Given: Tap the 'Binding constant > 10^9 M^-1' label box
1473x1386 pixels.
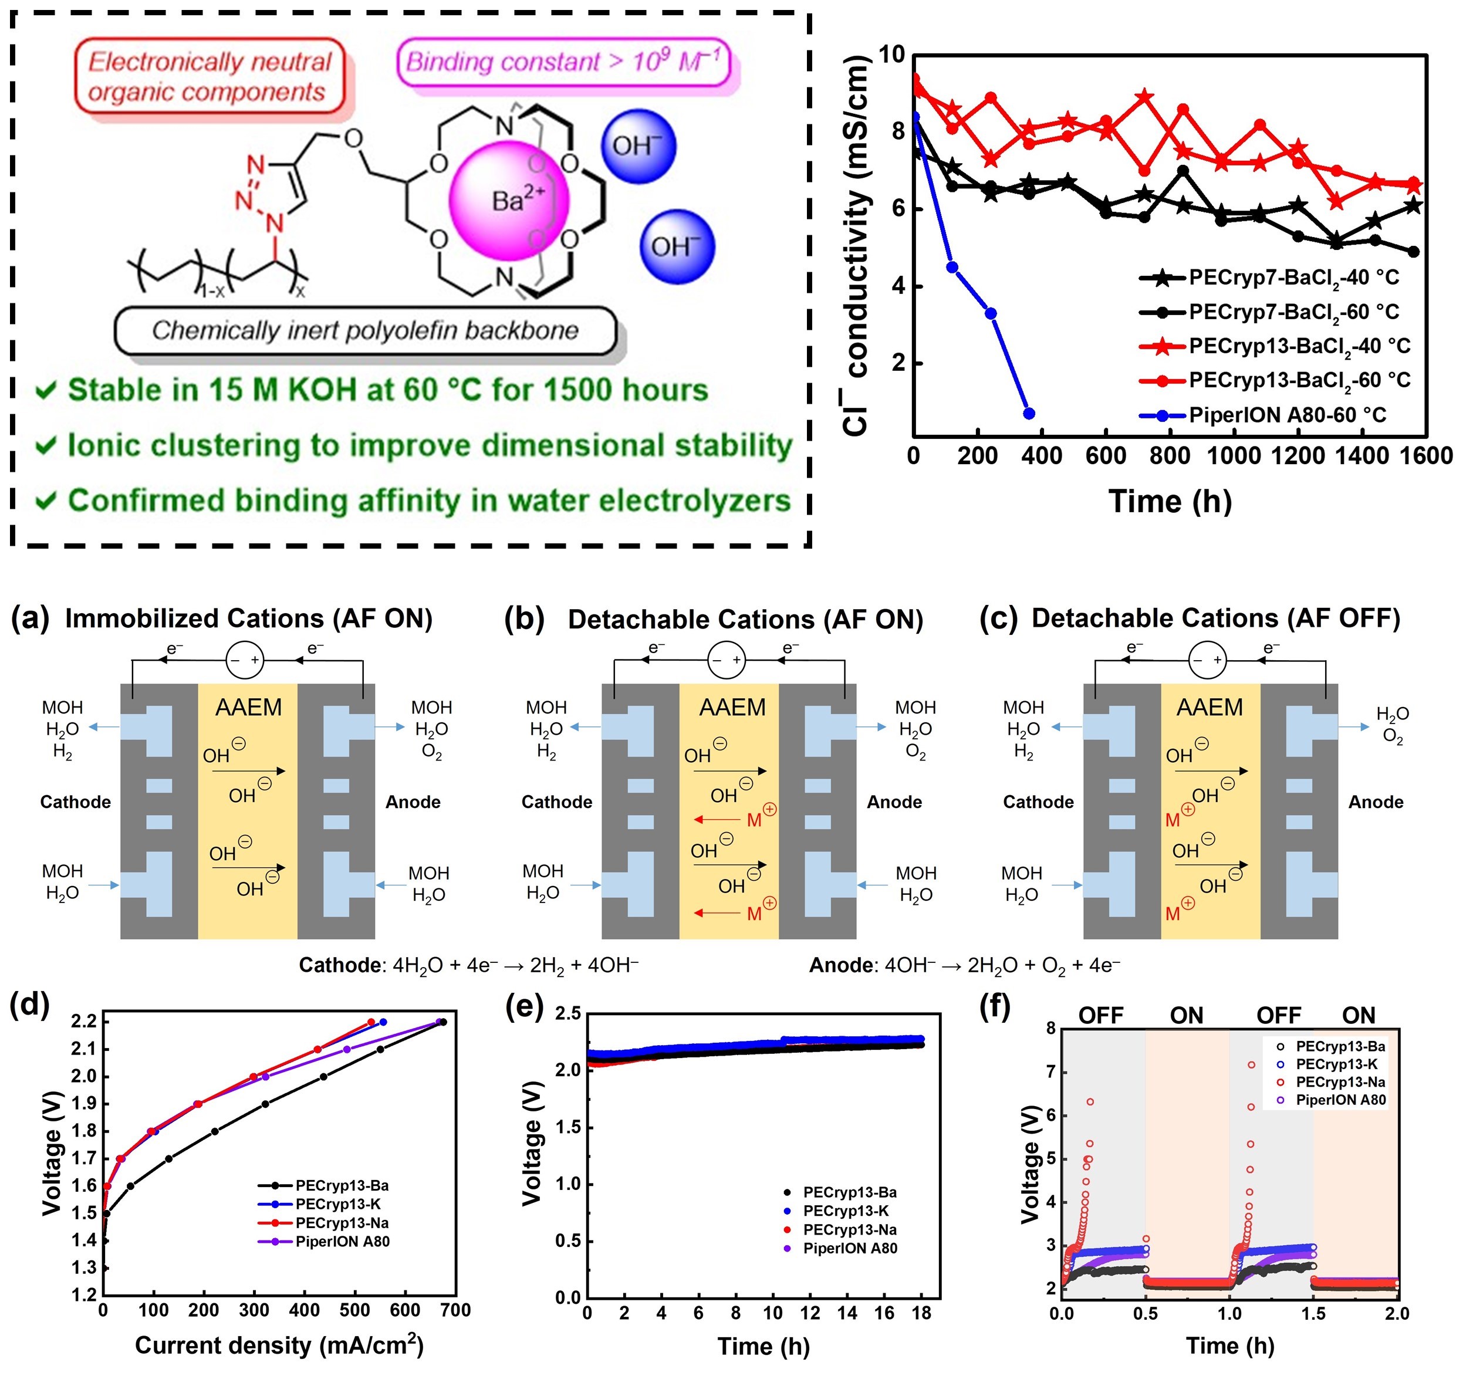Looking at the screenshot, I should tap(564, 62).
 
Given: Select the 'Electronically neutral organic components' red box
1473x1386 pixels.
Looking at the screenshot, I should tap(210, 76).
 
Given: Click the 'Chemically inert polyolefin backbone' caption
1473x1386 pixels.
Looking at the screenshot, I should tap(365, 330).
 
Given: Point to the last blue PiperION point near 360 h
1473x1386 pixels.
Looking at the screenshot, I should tap(1028, 413).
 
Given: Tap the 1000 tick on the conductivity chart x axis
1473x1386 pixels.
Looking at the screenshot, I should tap(1233, 455).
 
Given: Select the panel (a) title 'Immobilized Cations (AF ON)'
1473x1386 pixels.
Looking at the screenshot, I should tap(249, 618).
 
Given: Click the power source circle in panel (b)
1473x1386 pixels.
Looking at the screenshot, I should tap(726, 660).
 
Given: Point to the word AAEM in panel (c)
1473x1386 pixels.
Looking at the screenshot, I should tap(1210, 708).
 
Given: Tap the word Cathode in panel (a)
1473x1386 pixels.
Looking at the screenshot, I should tap(76, 802).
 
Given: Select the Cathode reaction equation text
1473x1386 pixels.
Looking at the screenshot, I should tap(468, 966).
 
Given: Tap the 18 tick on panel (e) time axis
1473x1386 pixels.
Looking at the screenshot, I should tap(921, 1313).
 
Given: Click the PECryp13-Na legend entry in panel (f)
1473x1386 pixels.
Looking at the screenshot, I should tap(1340, 1082).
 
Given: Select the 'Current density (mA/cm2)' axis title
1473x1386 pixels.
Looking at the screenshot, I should tap(279, 1346).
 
